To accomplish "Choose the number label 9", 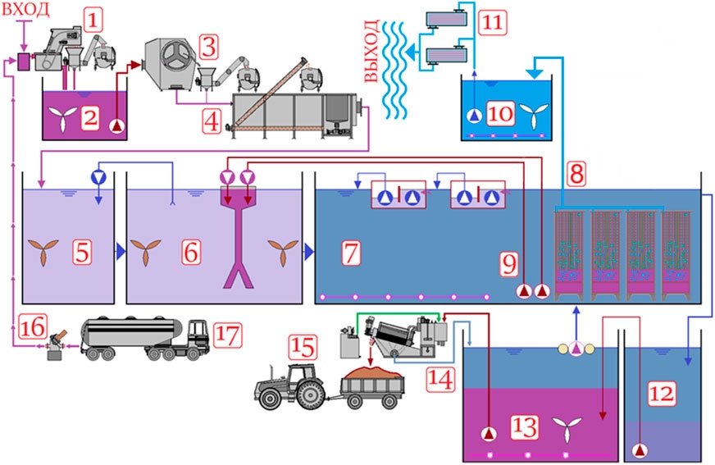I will [x=510, y=262].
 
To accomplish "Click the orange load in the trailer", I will [x=372, y=378].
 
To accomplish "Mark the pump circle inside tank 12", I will [x=640, y=449].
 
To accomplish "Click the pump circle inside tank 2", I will [x=118, y=125].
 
